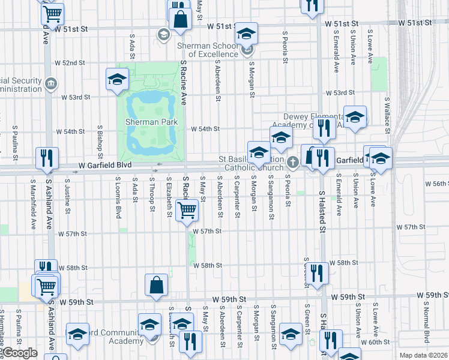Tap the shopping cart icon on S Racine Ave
[x=187, y=209]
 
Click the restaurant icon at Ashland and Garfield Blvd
[x=47, y=158]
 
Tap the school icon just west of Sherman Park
[x=117, y=79]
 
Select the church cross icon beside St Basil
[x=292, y=161]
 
